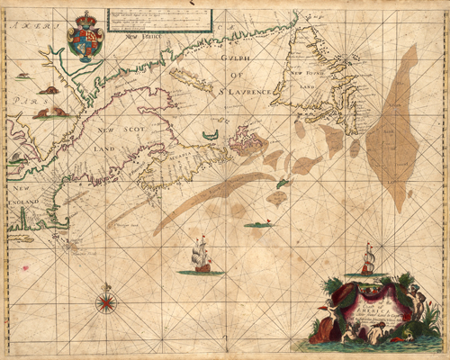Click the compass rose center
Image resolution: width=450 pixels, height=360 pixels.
(106, 301)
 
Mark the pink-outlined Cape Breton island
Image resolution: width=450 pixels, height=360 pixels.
(245, 142)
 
